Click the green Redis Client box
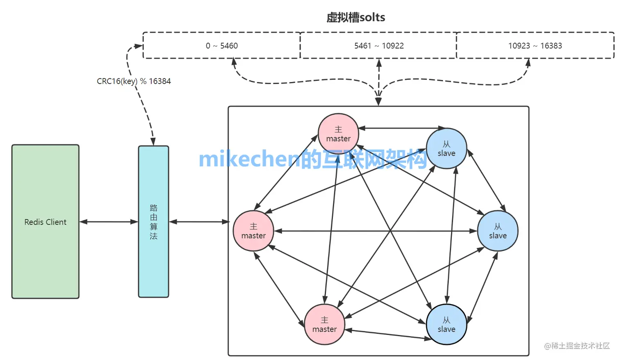pos(45,221)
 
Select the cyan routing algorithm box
pos(153,221)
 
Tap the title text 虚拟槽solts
pos(356,17)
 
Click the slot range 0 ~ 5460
pos(221,46)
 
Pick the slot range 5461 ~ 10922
pos(378,46)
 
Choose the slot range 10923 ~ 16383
pos(535,46)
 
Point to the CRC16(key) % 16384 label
pos(134,81)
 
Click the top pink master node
pos(338,134)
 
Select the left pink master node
pos(253,231)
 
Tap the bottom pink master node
pos(324,324)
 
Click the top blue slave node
pos(446,148)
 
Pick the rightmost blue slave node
pos(497,231)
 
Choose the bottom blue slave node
pos(446,324)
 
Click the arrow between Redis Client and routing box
pos(109,222)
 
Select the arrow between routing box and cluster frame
pos(199,222)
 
